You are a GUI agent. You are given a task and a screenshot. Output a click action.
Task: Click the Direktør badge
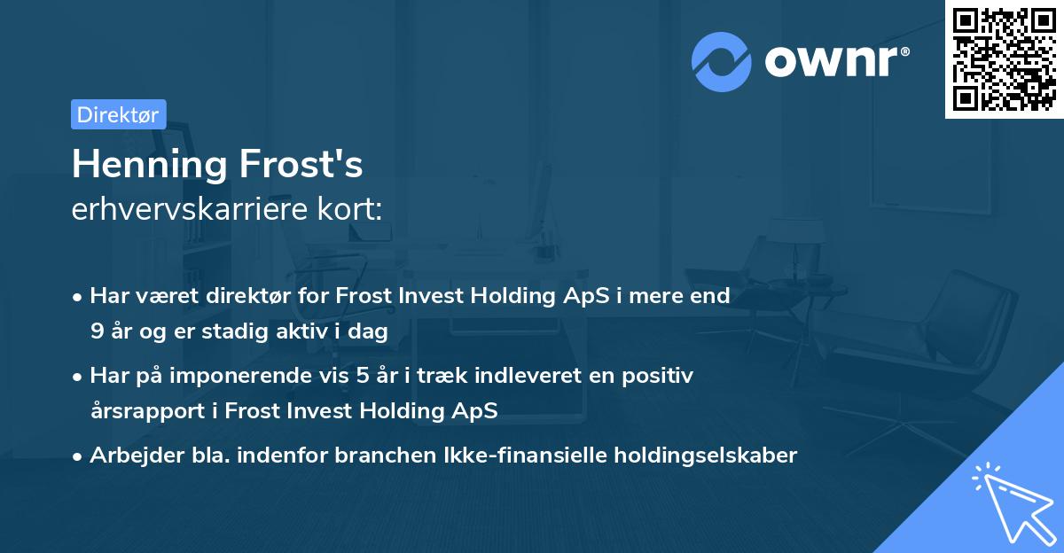pyautogui.click(x=118, y=114)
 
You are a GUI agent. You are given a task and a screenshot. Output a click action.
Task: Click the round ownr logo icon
pyautogui.click(x=722, y=62)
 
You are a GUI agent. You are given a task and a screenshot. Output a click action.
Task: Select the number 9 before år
pyautogui.click(x=96, y=331)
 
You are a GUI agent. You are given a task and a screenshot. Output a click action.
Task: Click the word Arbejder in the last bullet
pyautogui.click(x=130, y=456)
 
